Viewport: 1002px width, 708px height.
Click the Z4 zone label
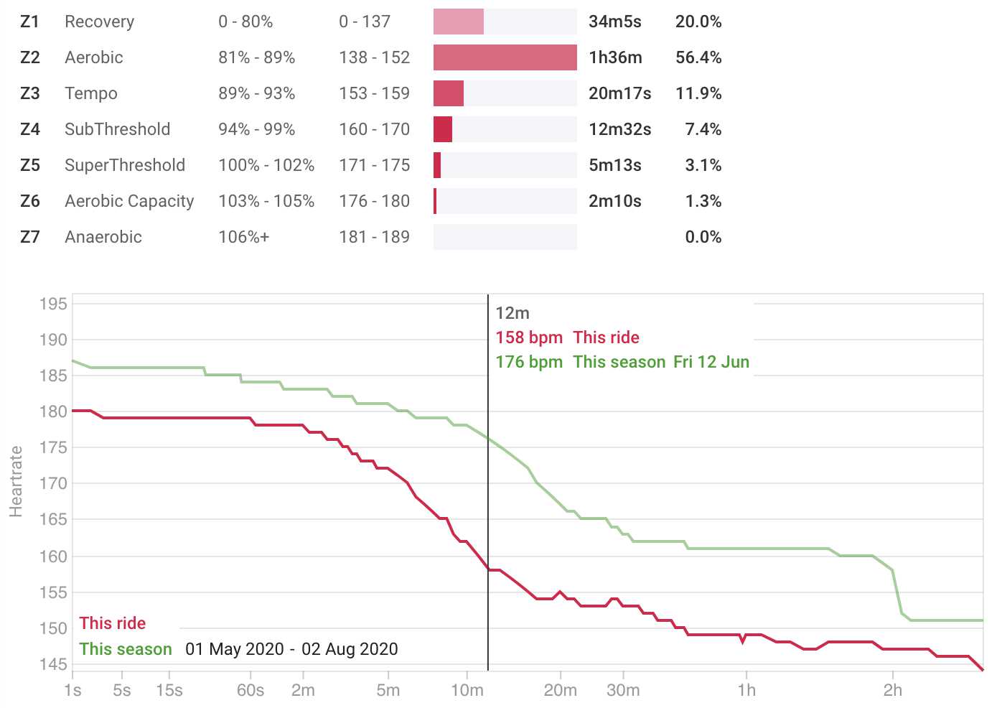pyautogui.click(x=30, y=129)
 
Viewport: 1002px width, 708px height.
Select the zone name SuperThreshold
pyautogui.click(x=125, y=165)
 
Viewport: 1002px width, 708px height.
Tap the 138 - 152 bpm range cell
pyautogui.click(x=374, y=57)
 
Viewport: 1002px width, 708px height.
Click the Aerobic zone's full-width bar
pyautogui.click(x=505, y=57)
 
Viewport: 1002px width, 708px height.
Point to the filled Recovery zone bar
pyautogui.click(x=458, y=22)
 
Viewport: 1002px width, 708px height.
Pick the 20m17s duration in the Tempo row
pyautogui.click(x=619, y=93)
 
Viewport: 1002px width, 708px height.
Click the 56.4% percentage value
pyautogui.click(x=698, y=57)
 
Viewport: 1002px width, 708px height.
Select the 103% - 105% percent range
pyautogui.click(x=266, y=201)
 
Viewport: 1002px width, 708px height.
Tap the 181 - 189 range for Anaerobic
pyautogui.click(x=374, y=237)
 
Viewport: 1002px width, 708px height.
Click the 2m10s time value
pyautogui.click(x=614, y=201)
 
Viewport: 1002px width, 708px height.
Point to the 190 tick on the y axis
pyautogui.click(x=53, y=340)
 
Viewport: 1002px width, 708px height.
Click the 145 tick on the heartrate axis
pyautogui.click(x=53, y=665)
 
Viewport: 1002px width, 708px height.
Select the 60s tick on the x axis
pyautogui.click(x=250, y=690)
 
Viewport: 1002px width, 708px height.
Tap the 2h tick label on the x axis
pyautogui.click(x=892, y=690)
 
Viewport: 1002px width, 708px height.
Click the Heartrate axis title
pyautogui.click(x=16, y=481)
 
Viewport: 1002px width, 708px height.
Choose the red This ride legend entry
pyautogui.click(x=112, y=623)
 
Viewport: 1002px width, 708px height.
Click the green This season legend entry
pyautogui.click(x=125, y=649)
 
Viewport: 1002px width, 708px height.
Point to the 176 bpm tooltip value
pyautogui.click(x=529, y=362)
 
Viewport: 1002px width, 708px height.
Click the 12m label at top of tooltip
pyautogui.click(x=512, y=313)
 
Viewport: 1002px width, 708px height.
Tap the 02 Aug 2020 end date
pyautogui.click(x=350, y=649)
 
